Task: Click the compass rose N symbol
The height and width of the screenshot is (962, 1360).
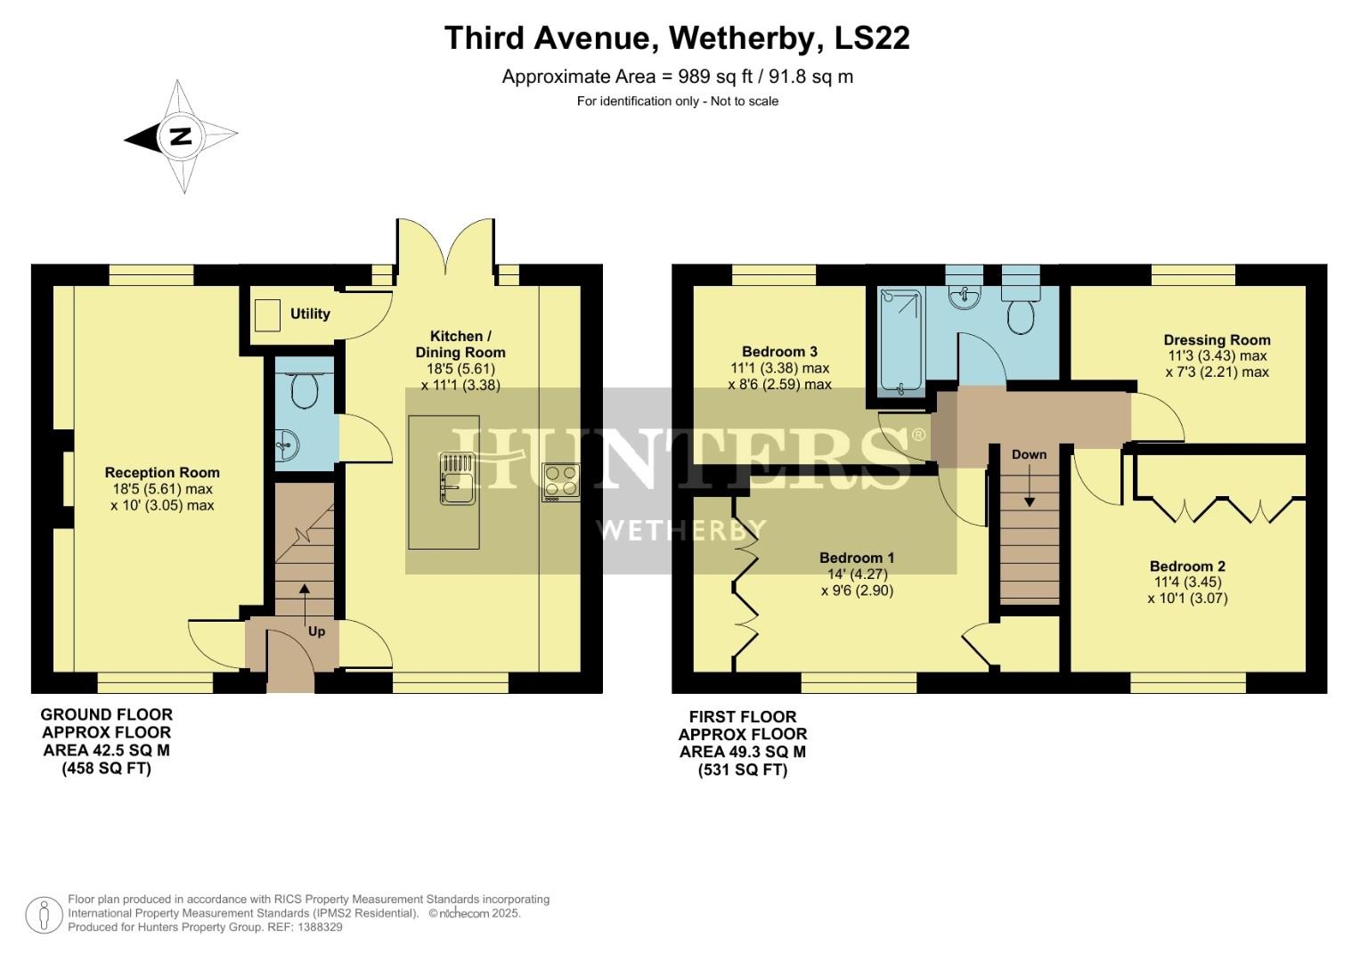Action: click(x=181, y=137)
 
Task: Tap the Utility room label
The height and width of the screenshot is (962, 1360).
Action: click(x=310, y=314)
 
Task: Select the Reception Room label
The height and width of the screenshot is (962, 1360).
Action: click(x=162, y=473)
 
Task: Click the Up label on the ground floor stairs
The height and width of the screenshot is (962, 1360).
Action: click(x=316, y=632)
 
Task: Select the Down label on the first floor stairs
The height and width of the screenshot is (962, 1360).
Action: click(x=1029, y=454)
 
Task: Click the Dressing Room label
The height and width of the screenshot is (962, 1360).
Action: click(x=1217, y=340)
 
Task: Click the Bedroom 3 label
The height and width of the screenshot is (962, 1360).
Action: click(x=779, y=352)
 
